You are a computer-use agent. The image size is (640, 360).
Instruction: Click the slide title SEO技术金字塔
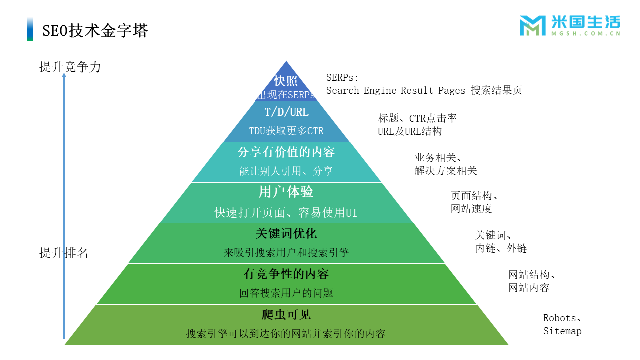click(x=95, y=31)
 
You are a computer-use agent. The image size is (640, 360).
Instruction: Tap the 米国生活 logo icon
click(x=532, y=25)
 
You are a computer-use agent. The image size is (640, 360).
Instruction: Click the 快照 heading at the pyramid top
click(x=286, y=81)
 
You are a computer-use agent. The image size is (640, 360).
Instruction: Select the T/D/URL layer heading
click(x=286, y=112)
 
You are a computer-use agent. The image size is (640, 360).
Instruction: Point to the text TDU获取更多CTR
click(x=286, y=131)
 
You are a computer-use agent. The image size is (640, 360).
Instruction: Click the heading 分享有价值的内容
click(x=286, y=152)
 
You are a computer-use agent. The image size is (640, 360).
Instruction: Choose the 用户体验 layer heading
click(x=286, y=192)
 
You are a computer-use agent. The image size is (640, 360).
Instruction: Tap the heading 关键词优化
click(x=286, y=233)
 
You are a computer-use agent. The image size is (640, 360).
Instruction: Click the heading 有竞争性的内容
click(x=286, y=274)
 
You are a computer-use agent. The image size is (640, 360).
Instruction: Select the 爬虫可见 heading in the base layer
click(x=286, y=315)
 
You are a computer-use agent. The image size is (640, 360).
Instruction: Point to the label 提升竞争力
click(x=70, y=67)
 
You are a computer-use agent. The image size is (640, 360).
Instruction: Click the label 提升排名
click(x=64, y=253)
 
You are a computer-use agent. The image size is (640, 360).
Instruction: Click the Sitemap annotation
click(x=562, y=331)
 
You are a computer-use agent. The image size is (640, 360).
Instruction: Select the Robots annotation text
click(x=560, y=318)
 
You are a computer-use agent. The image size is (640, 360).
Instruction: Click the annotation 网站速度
click(x=471, y=209)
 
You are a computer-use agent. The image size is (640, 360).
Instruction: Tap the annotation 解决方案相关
click(x=446, y=171)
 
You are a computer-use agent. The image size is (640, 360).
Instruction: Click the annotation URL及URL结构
click(x=410, y=131)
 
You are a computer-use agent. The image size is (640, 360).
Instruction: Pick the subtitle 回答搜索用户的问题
click(x=286, y=293)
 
